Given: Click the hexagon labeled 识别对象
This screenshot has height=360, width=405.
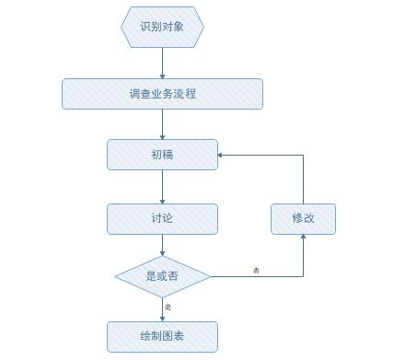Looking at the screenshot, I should pyautogui.click(x=162, y=27).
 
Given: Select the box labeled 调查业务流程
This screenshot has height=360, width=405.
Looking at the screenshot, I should pyautogui.click(x=162, y=94).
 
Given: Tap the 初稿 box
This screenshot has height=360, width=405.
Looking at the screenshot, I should pyautogui.click(x=162, y=155).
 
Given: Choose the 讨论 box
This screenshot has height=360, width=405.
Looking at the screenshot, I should pyautogui.click(x=162, y=218).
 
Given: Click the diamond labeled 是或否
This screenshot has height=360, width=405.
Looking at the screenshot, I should pyautogui.click(x=162, y=275).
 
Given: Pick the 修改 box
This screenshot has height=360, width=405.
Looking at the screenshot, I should pyautogui.click(x=303, y=218).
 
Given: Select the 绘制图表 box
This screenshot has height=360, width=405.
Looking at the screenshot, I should pyautogui.click(x=162, y=336).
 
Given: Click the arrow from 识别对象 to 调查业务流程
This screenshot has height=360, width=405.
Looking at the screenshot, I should pyautogui.click(x=162, y=62).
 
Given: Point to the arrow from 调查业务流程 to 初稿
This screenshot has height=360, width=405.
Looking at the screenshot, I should pyautogui.click(x=162, y=124).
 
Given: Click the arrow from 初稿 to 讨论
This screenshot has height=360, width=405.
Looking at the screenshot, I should pyautogui.click(x=162, y=187).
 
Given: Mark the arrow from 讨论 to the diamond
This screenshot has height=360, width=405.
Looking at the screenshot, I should pyautogui.click(x=162, y=245).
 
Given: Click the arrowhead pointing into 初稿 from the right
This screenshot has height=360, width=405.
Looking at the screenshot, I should pyautogui.click(x=222, y=156).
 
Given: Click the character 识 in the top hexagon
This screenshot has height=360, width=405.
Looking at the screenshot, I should pyautogui.click(x=145, y=27).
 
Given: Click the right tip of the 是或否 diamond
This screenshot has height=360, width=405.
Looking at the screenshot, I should pyautogui.click(x=211, y=275).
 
